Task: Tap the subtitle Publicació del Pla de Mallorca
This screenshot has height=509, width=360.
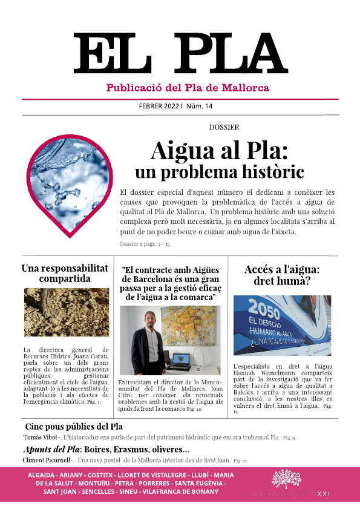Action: (x=188, y=88)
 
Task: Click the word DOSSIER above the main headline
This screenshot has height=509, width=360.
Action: (x=224, y=128)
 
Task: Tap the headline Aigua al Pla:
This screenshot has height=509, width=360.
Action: (x=218, y=150)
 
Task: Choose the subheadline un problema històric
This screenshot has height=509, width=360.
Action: (x=218, y=172)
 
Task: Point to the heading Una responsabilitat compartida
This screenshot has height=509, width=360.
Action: (x=65, y=274)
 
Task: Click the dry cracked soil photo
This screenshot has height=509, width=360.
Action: (x=65, y=313)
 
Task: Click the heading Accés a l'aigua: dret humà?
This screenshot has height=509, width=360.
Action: (x=282, y=276)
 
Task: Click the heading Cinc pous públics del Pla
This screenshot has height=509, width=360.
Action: (x=74, y=426)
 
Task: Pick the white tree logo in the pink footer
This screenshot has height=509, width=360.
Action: (x=286, y=479)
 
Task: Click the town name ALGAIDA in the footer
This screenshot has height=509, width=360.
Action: (x=44, y=476)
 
